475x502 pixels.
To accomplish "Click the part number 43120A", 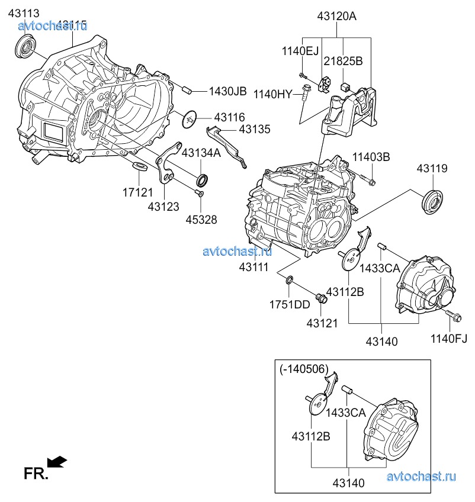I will [336, 17].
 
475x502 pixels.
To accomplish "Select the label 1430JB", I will [227, 91].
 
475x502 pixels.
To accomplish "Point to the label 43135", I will [255, 128].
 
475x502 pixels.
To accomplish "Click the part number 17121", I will [138, 192].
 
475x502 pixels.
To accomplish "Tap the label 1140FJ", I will [448, 339].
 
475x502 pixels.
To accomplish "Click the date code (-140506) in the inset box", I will [303, 369].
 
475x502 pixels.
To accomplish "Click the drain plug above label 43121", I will [322, 298].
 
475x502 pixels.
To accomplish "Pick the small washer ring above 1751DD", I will [288, 279].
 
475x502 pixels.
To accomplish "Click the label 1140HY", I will [273, 94].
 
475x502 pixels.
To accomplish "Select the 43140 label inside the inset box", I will [348, 483].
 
